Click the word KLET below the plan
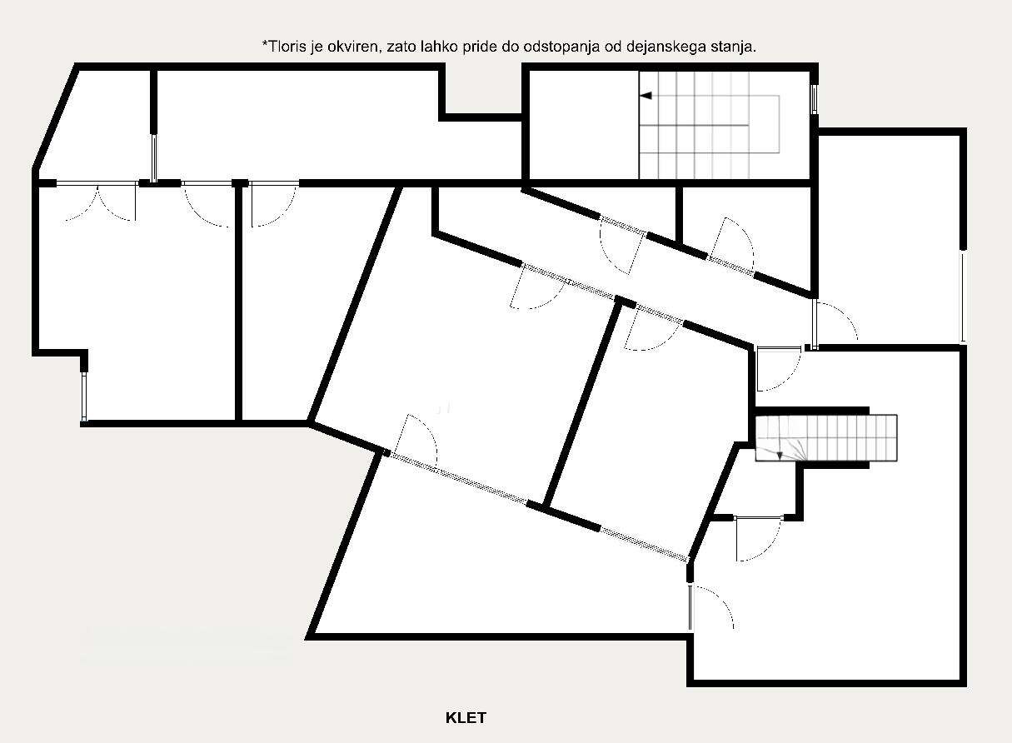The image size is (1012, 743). (x=466, y=718)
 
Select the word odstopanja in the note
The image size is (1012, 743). (x=573, y=47)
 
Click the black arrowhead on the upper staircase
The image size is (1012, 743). (x=646, y=96)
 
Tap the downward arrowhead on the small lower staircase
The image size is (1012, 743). (x=780, y=456)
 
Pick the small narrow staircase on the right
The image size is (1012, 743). (x=826, y=438)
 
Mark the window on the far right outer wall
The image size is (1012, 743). (x=964, y=297)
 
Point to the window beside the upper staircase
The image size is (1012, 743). (x=814, y=98)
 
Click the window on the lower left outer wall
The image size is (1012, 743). (x=84, y=396)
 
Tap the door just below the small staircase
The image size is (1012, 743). (x=758, y=538)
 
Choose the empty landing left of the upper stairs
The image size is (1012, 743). (x=584, y=125)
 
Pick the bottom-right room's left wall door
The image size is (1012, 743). (x=710, y=607)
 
